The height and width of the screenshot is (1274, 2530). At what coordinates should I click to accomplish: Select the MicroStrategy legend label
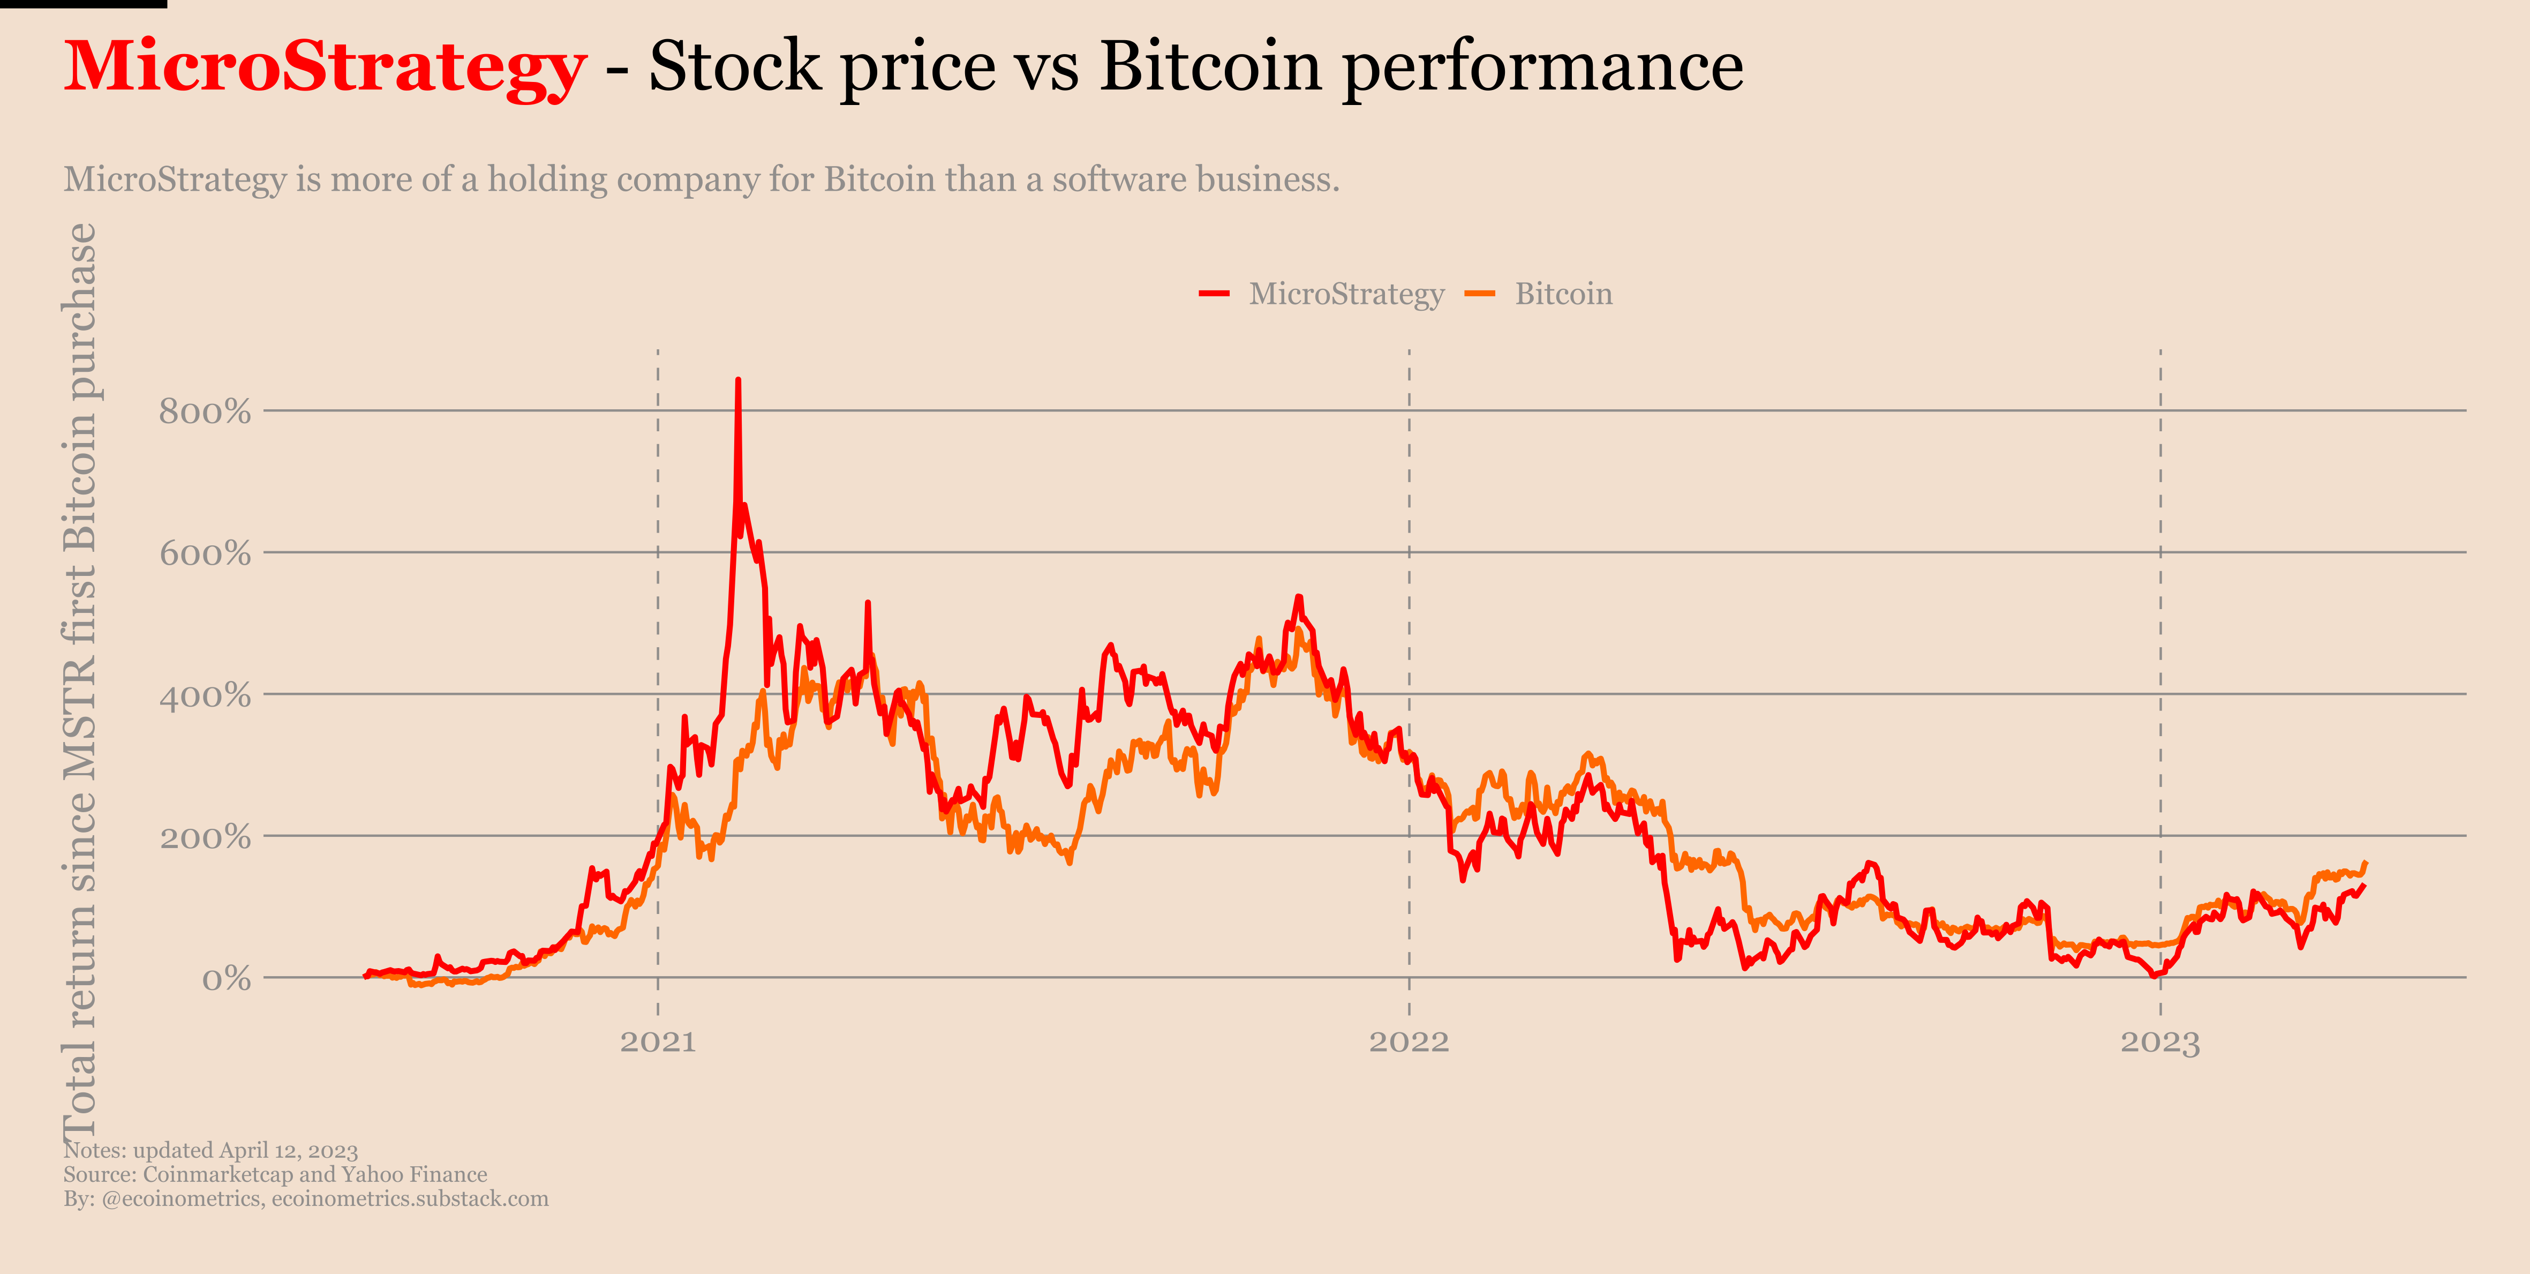pyautogui.click(x=1345, y=294)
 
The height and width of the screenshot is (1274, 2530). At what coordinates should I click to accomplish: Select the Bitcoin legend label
pyautogui.click(x=1563, y=294)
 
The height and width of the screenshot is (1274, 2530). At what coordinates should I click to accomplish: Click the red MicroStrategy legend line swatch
pyautogui.click(x=1214, y=294)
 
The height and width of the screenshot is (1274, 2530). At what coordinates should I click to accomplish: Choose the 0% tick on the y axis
pyautogui.click(x=226, y=979)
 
